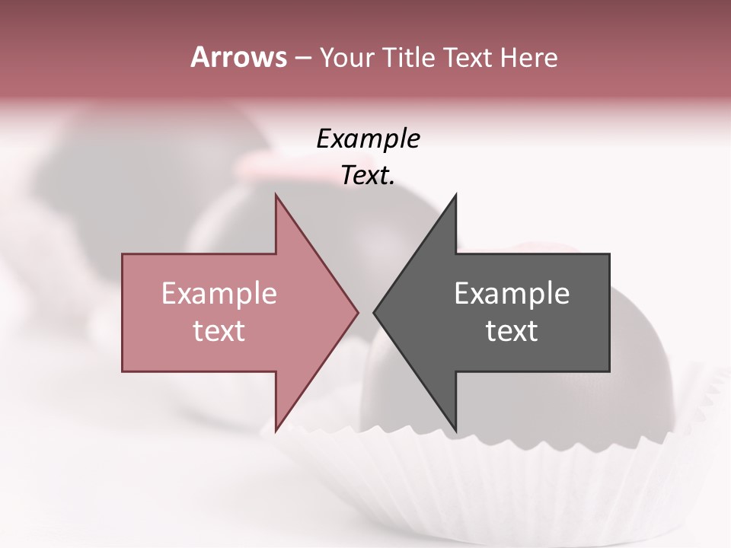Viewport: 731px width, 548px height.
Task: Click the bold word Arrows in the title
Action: pos(238,57)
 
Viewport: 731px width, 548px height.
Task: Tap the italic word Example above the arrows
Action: pos(368,140)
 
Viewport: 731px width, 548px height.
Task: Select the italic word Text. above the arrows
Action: pos(368,176)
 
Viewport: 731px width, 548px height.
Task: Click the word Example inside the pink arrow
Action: pos(219,294)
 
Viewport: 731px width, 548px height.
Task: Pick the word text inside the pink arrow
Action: pos(219,331)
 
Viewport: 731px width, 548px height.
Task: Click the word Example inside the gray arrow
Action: pos(512,294)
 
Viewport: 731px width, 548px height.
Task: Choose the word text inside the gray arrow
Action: pos(512,331)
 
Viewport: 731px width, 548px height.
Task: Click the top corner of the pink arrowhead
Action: pos(276,196)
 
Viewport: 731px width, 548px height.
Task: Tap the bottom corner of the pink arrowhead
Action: pos(276,429)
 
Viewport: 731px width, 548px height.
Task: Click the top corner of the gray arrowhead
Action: pos(455,196)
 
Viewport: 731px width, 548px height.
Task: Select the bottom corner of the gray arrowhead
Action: pos(455,429)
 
